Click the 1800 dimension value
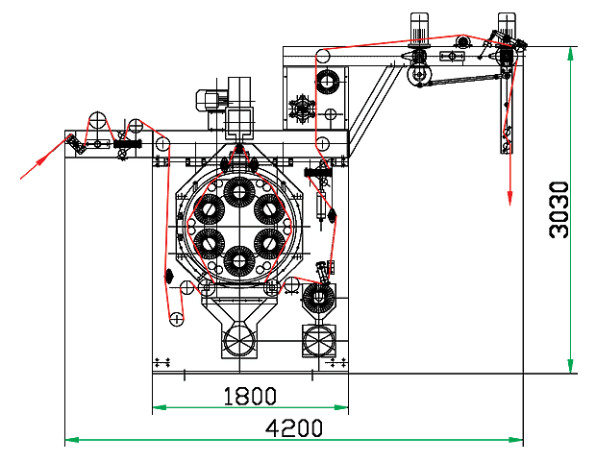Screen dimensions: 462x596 pyautogui.click(x=250, y=396)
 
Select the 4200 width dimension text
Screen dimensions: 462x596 pyautogui.click(x=294, y=428)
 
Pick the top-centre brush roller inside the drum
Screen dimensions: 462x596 pyautogui.click(x=237, y=191)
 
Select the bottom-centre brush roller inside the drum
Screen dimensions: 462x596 pyautogui.click(x=237, y=261)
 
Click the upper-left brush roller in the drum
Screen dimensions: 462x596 pyautogui.click(x=207, y=208)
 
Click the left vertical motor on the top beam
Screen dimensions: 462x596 pyautogui.click(x=418, y=28)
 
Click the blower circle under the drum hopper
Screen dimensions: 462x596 pyautogui.click(x=237, y=340)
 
